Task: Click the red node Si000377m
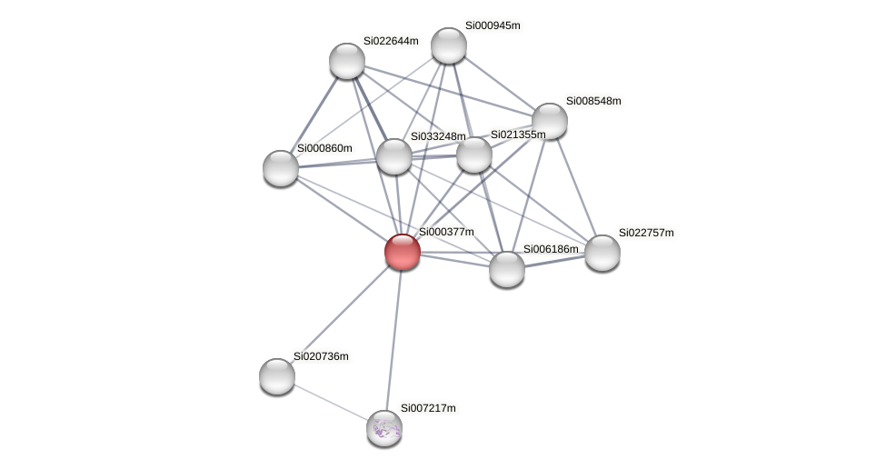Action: click(x=403, y=252)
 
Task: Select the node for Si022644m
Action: click(x=346, y=61)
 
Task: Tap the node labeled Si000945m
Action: click(x=448, y=45)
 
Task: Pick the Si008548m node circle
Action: click(x=549, y=121)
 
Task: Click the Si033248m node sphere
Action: click(x=393, y=156)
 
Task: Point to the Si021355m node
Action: click(x=473, y=155)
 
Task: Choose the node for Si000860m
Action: click(x=281, y=168)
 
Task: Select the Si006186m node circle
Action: click(x=506, y=269)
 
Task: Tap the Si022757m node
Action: click(x=602, y=253)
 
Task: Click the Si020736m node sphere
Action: click(x=277, y=376)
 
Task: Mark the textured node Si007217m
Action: click(x=383, y=427)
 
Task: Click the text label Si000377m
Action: click(x=446, y=232)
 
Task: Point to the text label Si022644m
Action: click(x=391, y=41)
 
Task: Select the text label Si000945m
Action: click(x=493, y=25)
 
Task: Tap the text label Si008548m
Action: click(x=593, y=101)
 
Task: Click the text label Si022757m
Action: click(x=646, y=233)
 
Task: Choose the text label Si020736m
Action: click(x=321, y=356)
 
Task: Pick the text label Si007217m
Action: click(x=428, y=408)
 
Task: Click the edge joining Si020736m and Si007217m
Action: click(x=330, y=402)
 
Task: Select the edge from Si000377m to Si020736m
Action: click(x=340, y=314)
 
